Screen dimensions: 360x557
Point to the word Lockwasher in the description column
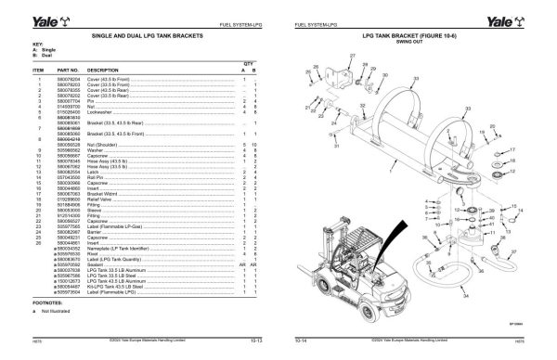[103, 111]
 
